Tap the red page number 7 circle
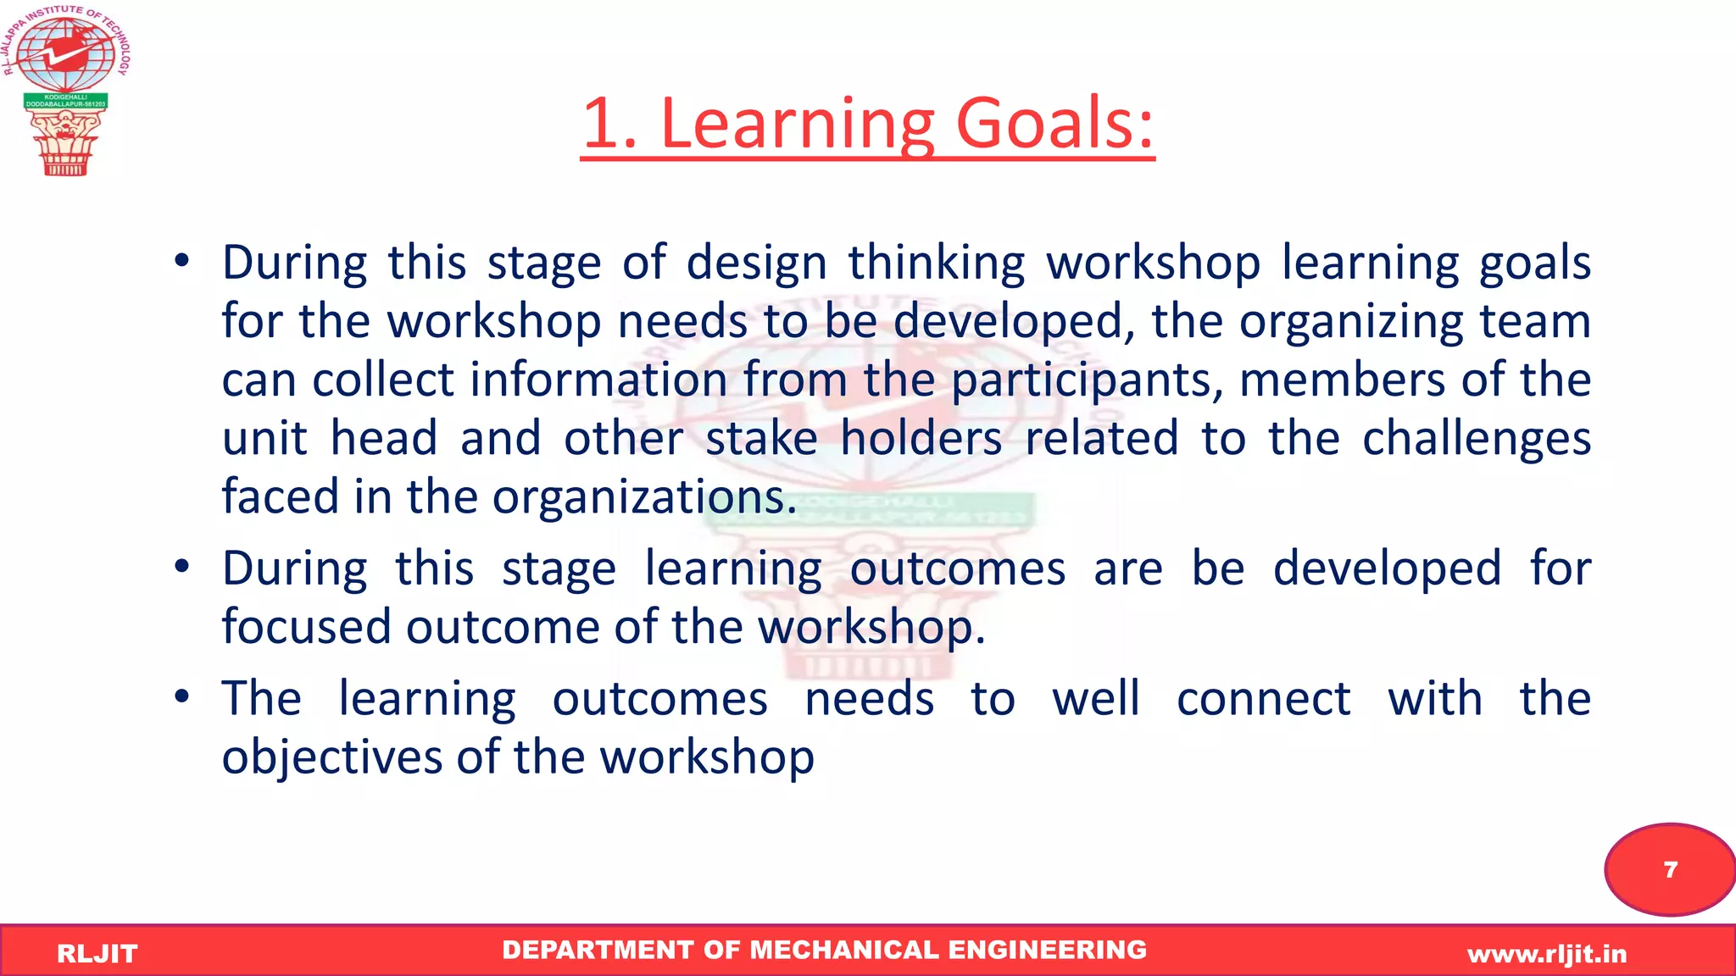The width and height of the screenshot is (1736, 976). click(x=1670, y=870)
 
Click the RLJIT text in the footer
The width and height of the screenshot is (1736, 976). click(x=97, y=954)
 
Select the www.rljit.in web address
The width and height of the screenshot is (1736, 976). click(x=1547, y=954)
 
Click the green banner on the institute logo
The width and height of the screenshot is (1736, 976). click(x=65, y=101)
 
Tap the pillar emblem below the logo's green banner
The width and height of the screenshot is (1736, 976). click(x=65, y=142)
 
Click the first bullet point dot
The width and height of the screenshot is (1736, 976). click(x=181, y=262)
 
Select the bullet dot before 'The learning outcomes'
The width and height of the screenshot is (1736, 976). click(x=181, y=697)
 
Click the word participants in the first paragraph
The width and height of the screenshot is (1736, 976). click(x=1087, y=380)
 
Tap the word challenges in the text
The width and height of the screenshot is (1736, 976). click(x=1476, y=439)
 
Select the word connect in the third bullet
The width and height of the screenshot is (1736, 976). click(x=1263, y=699)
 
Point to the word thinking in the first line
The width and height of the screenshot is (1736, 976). click(x=937, y=263)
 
